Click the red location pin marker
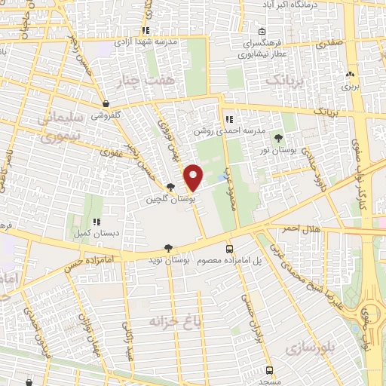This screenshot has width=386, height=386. click(194, 178)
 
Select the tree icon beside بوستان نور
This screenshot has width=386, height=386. click(280, 137)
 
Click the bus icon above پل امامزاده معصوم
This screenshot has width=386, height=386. click(229, 248)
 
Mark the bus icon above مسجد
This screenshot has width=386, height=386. click(269, 370)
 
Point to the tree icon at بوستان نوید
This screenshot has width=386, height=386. click(167, 248)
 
